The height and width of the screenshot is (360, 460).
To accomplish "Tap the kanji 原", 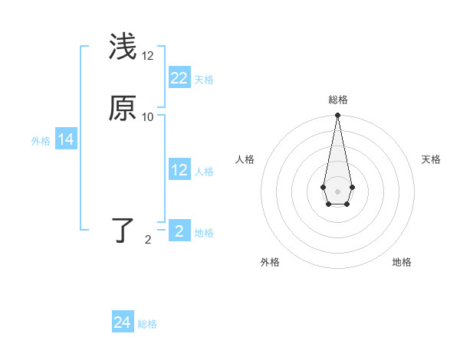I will pos(123,110).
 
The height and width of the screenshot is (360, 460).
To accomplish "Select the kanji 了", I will pos(123,231).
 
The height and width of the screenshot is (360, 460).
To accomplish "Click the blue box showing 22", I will pos(179,77).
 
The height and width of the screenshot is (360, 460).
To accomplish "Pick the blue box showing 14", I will pos(66,139).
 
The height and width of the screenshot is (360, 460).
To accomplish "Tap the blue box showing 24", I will pos(123,322).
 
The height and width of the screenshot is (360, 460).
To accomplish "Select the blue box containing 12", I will pos(179,170).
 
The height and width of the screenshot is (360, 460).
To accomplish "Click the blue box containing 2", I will pos(179,231).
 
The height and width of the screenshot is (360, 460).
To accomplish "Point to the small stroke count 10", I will pos(148,117).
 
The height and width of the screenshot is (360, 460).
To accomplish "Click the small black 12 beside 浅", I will pos(148,57).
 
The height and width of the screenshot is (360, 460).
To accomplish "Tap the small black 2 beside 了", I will pos(148,240).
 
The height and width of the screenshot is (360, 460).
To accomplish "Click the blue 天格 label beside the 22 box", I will pos(204,80).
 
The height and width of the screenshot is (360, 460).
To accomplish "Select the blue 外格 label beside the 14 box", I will pos(41,141).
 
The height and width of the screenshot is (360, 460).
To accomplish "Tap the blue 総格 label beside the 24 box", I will pos(147,325).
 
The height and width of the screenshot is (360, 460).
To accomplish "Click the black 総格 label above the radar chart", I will pos(337,100).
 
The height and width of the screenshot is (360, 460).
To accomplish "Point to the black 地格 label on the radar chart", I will pos(402,262).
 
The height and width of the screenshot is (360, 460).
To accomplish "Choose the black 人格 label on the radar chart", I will pos(245,159).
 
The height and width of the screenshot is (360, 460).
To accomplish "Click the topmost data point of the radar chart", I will pos(337,115).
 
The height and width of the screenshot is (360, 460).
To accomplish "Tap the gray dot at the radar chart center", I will pos(337,191).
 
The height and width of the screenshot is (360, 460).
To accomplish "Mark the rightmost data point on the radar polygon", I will pos(352,187).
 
